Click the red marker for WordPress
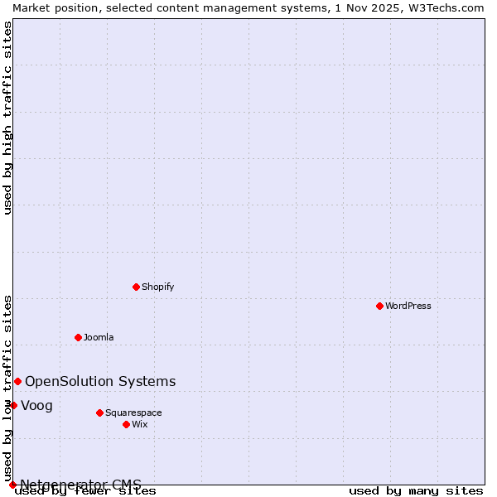379,306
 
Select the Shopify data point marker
136,287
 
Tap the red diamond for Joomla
78,337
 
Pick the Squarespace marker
99,413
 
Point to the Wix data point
126,424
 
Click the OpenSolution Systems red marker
17,381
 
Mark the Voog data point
13,405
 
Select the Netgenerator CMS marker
12,485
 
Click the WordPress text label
408,306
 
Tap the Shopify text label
157,287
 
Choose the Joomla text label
99,337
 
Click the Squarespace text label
133,413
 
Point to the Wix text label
139,424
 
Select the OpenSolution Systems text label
100,381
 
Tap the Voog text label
36,405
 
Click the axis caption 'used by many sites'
416,490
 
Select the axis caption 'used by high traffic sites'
7,118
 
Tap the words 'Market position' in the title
50,7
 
